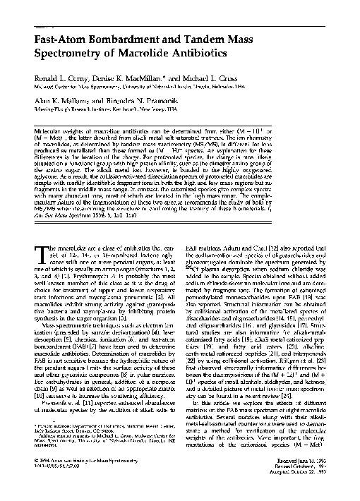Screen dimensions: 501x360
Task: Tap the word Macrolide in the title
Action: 158,53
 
